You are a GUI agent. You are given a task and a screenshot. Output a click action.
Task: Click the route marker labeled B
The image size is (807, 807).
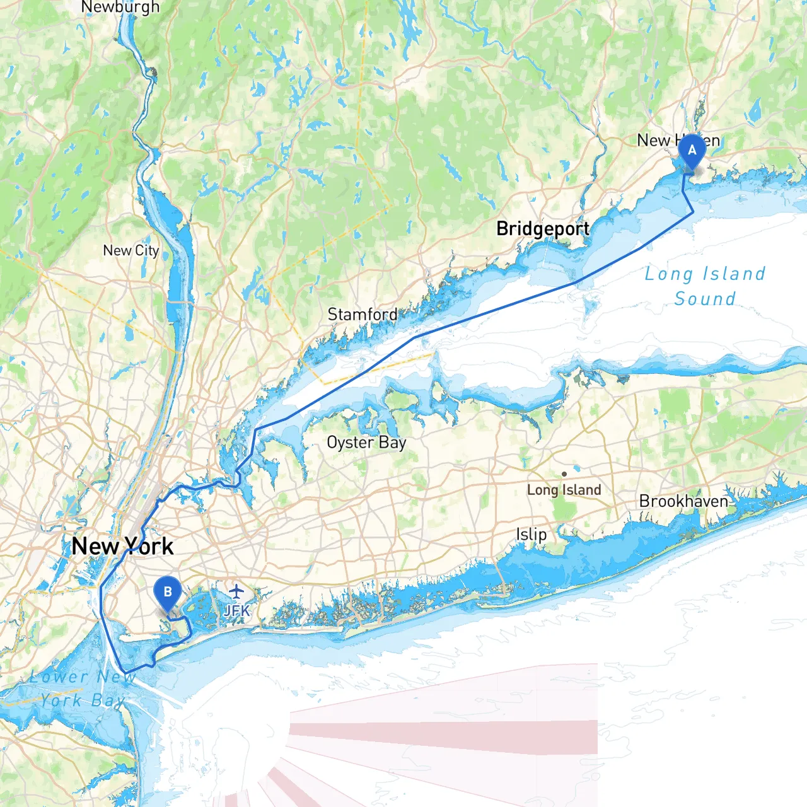pos(168,593)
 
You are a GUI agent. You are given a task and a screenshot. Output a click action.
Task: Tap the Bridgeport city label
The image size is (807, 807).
pos(543,228)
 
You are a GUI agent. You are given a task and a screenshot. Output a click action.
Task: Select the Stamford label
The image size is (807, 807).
pos(363,314)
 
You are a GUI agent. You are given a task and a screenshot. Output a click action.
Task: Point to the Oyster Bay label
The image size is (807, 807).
pos(366,443)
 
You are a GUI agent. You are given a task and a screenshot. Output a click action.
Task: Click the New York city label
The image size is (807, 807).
pos(122,546)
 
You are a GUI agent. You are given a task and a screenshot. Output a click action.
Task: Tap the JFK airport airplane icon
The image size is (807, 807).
pos(236,591)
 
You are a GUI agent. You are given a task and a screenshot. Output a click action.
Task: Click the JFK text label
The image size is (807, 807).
pos(236,610)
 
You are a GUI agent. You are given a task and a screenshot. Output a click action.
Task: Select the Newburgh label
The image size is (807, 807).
pos(120,8)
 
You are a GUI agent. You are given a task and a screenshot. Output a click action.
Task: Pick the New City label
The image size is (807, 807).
pos(131,250)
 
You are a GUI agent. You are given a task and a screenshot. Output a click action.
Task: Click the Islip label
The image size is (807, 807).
pos(531,535)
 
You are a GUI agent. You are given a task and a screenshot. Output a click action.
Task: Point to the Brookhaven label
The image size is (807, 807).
pos(683,501)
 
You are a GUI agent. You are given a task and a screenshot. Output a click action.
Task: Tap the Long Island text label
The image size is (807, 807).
pos(564,490)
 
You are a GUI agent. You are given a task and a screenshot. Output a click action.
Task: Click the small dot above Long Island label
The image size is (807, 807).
pos(564,474)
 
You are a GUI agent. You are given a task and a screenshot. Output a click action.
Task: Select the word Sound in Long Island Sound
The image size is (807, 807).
pos(705,299)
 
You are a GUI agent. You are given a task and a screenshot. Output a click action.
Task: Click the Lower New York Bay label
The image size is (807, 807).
pos(82,688)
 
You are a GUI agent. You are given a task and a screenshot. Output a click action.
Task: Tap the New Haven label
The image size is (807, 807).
pos(678,140)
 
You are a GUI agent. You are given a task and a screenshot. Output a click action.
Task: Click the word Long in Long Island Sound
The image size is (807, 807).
pos(668,274)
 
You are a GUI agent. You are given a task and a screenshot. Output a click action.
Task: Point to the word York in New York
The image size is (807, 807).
pos(149,546)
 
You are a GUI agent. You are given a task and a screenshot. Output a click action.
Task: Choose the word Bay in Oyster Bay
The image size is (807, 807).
pos(392,443)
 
